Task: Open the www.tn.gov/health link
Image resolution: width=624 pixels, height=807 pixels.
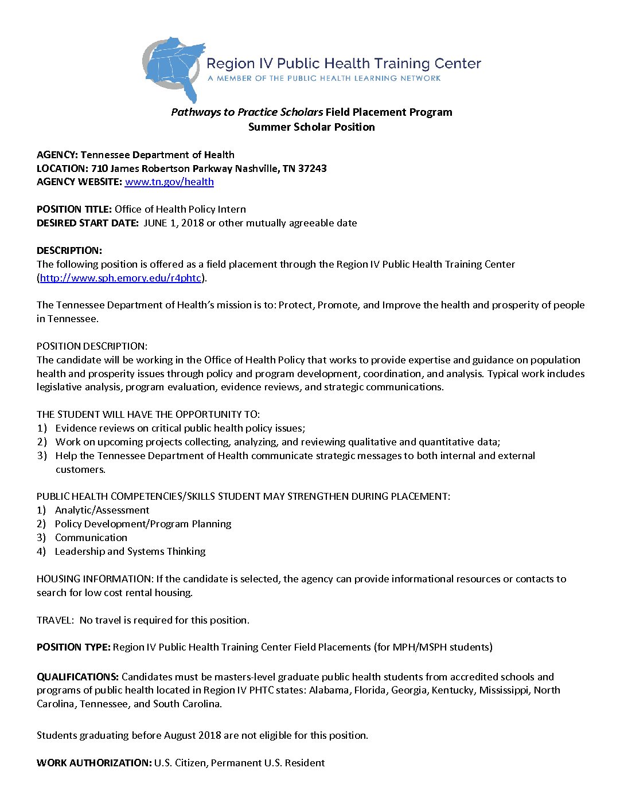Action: (169, 182)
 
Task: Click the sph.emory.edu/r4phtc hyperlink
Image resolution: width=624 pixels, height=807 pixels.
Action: (120, 278)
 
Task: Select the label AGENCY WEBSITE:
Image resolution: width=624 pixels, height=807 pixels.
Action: (79, 182)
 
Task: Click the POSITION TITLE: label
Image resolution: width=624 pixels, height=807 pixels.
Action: (74, 209)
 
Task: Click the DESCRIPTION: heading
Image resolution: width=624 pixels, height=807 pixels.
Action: (69, 250)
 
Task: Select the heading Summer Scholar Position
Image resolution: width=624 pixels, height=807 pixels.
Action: (311, 127)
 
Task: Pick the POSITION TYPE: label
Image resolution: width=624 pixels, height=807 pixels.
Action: (73, 647)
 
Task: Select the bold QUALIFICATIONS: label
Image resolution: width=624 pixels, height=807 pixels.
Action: (77, 677)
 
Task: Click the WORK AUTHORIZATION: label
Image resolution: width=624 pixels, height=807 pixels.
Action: (94, 763)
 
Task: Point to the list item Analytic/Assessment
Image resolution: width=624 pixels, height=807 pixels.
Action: (102, 510)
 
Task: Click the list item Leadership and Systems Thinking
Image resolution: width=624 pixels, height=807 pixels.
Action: (130, 551)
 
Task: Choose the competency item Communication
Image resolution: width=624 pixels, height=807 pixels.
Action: (91, 538)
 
